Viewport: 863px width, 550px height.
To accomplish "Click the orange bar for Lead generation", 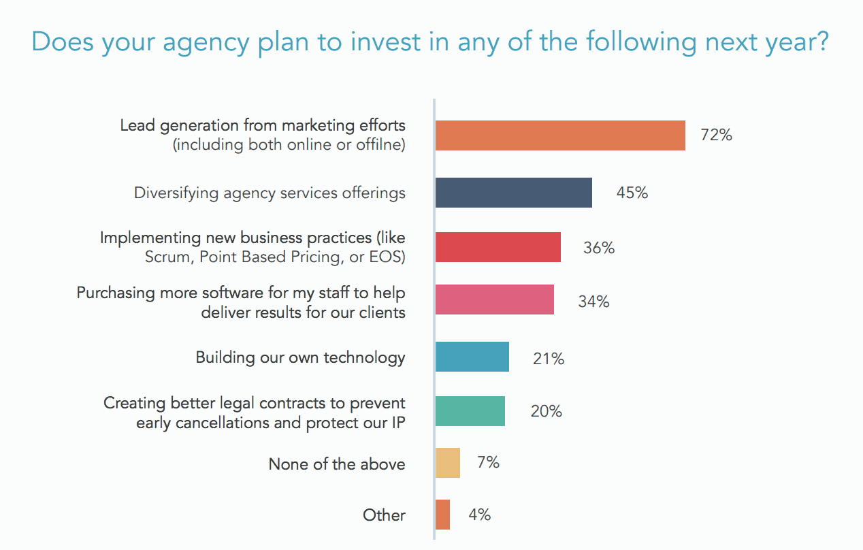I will (559, 135).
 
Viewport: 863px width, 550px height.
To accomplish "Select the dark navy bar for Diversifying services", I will (513, 193).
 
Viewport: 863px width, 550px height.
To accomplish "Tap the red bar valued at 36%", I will (498, 247).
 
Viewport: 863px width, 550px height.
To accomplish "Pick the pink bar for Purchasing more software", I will (494, 300).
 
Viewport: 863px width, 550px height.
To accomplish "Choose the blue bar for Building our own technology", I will (472, 357).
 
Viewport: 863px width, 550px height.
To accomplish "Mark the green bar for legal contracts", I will (470, 411).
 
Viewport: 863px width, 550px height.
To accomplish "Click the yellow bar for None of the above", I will (448, 463).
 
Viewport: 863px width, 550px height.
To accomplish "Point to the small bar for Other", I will (442, 515).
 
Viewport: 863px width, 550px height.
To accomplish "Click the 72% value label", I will (717, 135).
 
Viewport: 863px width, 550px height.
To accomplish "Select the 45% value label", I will (632, 193).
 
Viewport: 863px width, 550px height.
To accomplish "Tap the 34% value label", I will (593, 301).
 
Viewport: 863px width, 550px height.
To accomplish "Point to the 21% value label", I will (549, 359).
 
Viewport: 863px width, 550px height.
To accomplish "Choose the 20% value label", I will (547, 411).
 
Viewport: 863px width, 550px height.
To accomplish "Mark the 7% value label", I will (488, 463).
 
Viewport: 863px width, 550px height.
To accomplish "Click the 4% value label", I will (479, 515).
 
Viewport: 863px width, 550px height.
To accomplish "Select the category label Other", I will (384, 515).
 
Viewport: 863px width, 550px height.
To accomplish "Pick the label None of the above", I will (337, 464).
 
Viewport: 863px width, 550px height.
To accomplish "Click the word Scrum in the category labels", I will (166, 257).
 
